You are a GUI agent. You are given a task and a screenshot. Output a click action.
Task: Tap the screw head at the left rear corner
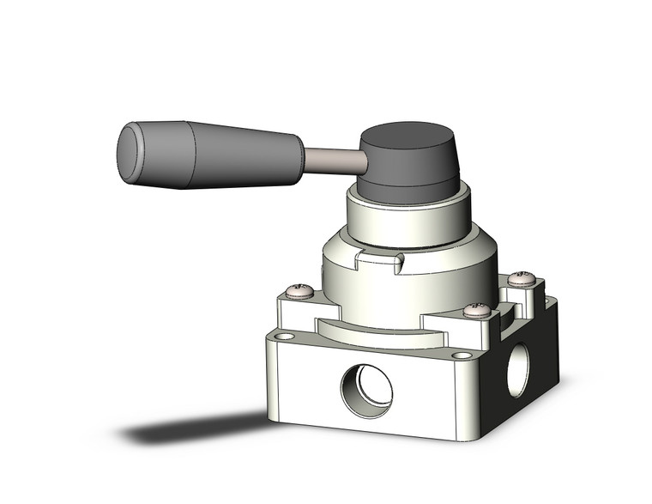point(299,292)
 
